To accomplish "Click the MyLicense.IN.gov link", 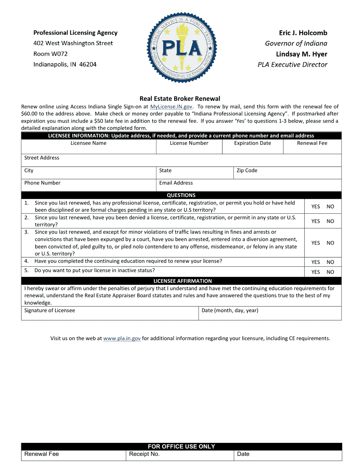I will point(171,107).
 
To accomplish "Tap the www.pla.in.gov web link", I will point(122,338).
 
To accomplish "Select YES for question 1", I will point(315,206).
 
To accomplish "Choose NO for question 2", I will point(330,221).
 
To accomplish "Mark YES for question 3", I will point(315,243).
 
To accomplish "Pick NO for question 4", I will point(330,262).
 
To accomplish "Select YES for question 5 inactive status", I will point(315,272).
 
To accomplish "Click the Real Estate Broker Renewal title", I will point(180,99).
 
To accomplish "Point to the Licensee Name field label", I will point(88,143).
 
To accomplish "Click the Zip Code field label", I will point(247,170).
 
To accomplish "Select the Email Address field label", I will point(176,183).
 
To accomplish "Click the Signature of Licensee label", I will point(50,310).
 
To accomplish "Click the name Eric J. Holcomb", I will point(303,33).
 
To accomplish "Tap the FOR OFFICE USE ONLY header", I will point(181,447).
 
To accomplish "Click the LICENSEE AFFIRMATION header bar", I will point(182,281).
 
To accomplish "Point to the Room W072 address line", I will point(50,54).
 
